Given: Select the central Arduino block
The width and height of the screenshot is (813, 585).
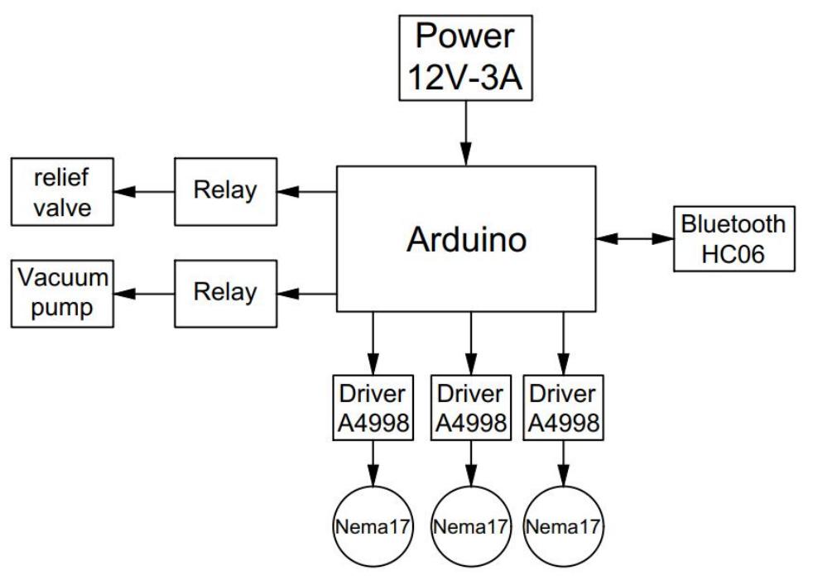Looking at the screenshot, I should (465, 239).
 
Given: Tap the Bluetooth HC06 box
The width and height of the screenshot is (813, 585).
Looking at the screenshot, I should (734, 239).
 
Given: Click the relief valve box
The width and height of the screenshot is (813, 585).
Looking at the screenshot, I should (61, 193).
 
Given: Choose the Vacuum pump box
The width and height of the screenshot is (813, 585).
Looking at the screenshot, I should (61, 292).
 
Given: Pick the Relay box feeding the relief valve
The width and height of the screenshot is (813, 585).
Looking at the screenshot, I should (225, 192).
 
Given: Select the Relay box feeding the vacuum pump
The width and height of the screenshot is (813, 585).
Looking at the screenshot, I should (225, 292).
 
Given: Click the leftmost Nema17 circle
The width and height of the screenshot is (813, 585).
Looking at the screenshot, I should (373, 526).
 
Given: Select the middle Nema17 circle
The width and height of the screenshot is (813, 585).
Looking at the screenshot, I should (470, 526).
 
